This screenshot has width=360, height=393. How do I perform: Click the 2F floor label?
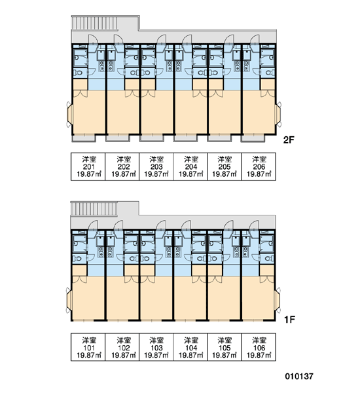288,140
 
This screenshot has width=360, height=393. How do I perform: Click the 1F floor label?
289,320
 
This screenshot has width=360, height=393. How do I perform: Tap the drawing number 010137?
299,376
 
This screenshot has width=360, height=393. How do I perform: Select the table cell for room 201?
88,166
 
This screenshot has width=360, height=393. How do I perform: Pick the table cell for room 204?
190,166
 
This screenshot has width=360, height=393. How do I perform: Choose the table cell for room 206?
259,166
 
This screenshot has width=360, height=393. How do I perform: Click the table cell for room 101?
88,347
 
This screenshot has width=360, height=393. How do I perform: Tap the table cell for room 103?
156,347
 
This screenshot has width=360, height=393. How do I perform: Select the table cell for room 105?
225,347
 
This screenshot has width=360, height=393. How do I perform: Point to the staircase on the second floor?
94,23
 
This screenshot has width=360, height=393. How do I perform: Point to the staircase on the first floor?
94,209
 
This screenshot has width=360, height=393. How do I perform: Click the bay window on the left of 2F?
69,115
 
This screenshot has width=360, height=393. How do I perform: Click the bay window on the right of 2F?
278,114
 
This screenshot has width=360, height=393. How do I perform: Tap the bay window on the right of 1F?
278,300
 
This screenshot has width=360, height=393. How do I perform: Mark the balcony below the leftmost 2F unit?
84,138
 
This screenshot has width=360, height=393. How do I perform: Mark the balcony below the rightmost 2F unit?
252,138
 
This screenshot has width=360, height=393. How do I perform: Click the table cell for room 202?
122,166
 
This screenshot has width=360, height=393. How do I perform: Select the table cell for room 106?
259,347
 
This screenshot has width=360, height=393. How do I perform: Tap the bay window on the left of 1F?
69,300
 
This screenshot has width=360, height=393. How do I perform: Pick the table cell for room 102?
122,347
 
